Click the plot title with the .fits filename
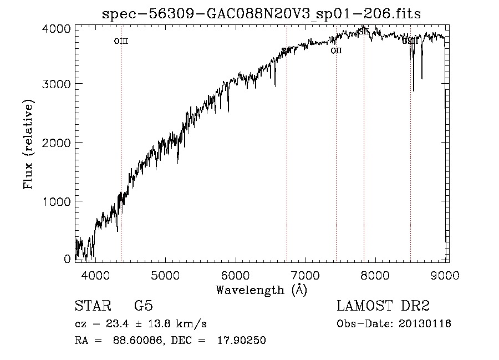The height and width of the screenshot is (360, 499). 262,14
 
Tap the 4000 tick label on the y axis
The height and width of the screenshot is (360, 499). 56,28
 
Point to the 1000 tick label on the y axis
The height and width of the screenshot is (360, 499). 56,201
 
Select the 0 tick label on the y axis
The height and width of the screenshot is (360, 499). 67,259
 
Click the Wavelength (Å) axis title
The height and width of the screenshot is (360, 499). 261,290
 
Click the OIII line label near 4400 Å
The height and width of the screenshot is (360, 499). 121,41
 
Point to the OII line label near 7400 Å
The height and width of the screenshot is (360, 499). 336,51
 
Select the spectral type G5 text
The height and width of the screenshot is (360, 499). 144,306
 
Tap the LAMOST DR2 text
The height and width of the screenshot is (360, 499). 383,306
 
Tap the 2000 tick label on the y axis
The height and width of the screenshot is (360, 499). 56,143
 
